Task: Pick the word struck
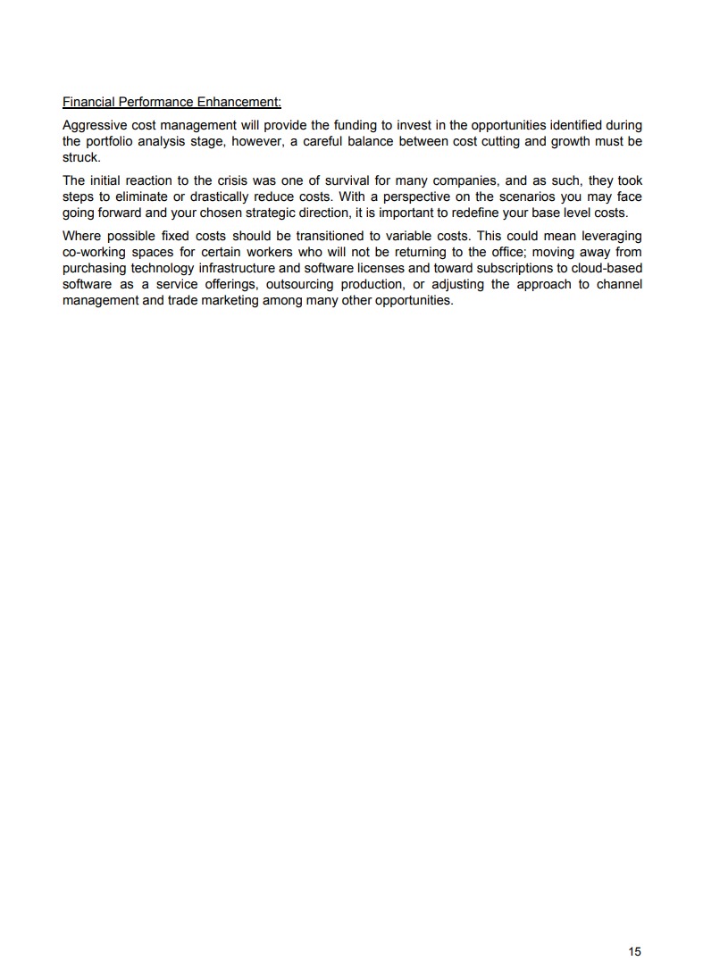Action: click(80, 156)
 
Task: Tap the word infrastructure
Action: click(230, 268)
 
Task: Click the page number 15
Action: click(634, 951)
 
